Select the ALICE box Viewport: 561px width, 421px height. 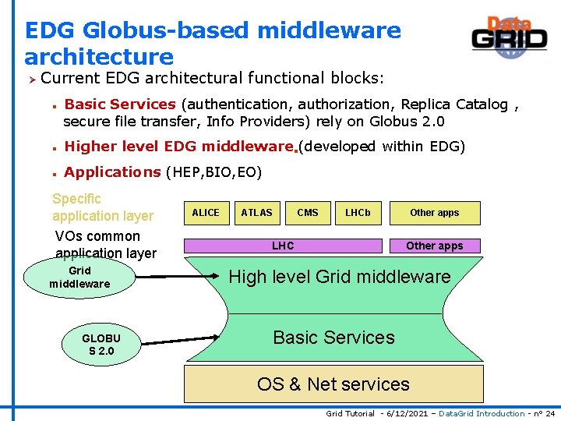[x=206, y=213]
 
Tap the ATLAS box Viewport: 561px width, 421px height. [x=256, y=213]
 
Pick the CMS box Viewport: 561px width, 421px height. [x=308, y=213]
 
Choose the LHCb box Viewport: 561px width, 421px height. [x=358, y=213]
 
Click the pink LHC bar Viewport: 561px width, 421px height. [x=283, y=246]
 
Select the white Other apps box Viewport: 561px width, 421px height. [x=435, y=213]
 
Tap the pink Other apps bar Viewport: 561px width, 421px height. [x=435, y=246]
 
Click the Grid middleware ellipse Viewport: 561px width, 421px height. [x=79, y=278]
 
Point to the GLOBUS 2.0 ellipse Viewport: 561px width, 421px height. [x=101, y=344]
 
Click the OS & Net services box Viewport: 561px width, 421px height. [x=333, y=384]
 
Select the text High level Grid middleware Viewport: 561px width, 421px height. [x=339, y=277]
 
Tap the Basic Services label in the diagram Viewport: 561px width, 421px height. [x=333, y=338]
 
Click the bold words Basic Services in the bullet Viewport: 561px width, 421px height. [x=120, y=104]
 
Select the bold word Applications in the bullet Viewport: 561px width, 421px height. [x=112, y=172]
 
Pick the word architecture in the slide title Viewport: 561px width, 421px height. [x=99, y=57]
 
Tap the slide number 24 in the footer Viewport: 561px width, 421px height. [x=550, y=413]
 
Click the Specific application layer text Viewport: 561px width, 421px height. [x=102, y=207]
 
